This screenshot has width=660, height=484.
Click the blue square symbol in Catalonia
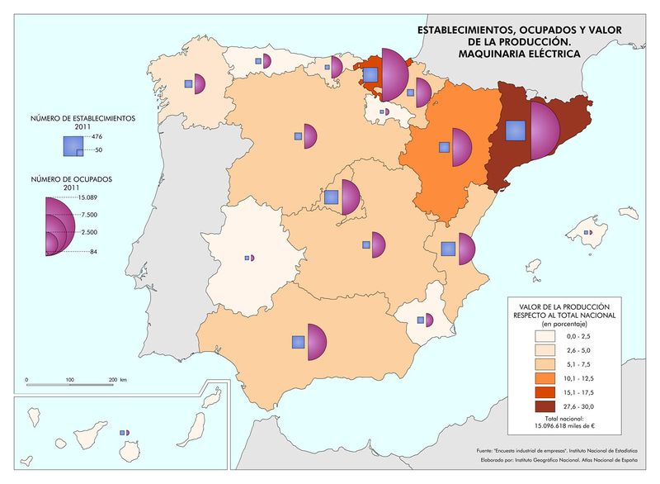click(516, 131)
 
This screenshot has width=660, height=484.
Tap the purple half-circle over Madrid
click(350, 198)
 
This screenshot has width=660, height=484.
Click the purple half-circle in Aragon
click(460, 146)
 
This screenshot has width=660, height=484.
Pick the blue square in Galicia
click(189, 83)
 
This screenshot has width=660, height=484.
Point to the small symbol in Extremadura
click(250, 259)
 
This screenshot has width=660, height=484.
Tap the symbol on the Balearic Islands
click(587, 233)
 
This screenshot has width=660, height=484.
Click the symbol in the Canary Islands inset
click(125, 432)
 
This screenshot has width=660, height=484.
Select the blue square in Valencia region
click(448, 249)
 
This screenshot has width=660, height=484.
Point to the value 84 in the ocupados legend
click(94, 252)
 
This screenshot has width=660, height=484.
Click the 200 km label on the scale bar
click(116, 379)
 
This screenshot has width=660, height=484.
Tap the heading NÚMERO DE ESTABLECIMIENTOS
click(82, 118)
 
